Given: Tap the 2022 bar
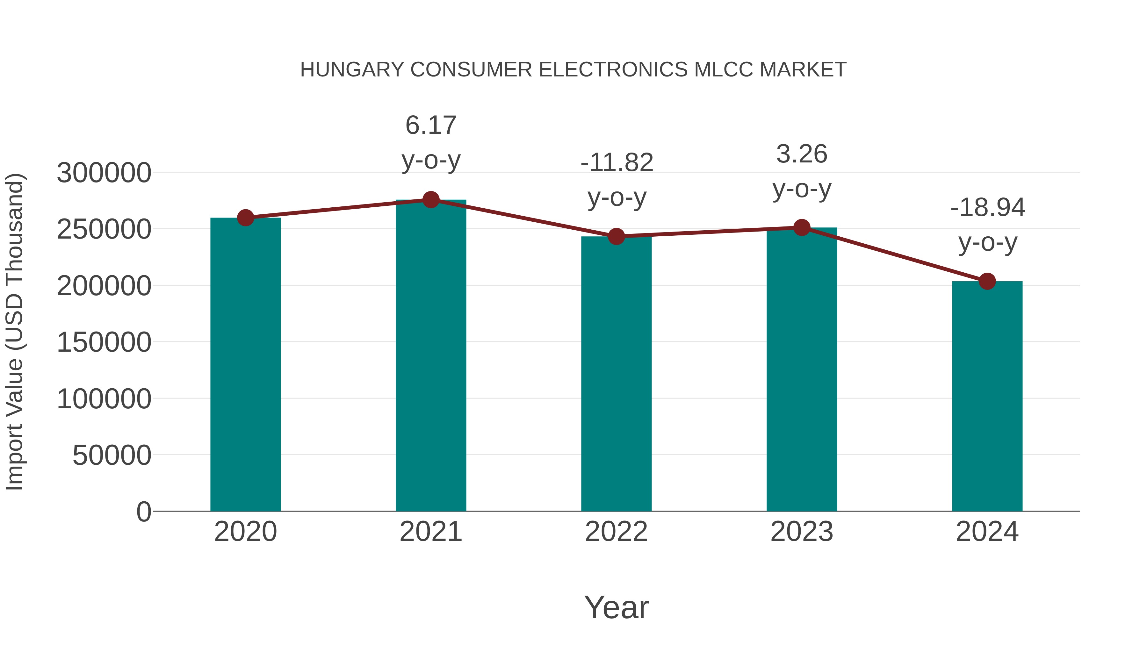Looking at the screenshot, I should coord(616,374).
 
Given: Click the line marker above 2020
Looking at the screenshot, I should coord(245,218).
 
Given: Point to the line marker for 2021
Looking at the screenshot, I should coord(430,200).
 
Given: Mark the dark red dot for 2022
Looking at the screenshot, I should coord(616,236).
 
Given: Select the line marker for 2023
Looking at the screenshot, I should coord(802,227).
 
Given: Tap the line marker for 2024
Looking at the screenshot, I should coord(987,281).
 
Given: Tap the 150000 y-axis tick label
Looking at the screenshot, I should coord(104,342).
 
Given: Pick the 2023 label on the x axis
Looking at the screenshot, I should coord(802,532).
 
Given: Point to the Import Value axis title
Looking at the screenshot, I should coord(14,332).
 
